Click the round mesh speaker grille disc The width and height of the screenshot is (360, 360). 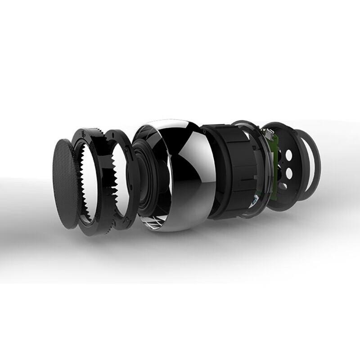tap(66, 184)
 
